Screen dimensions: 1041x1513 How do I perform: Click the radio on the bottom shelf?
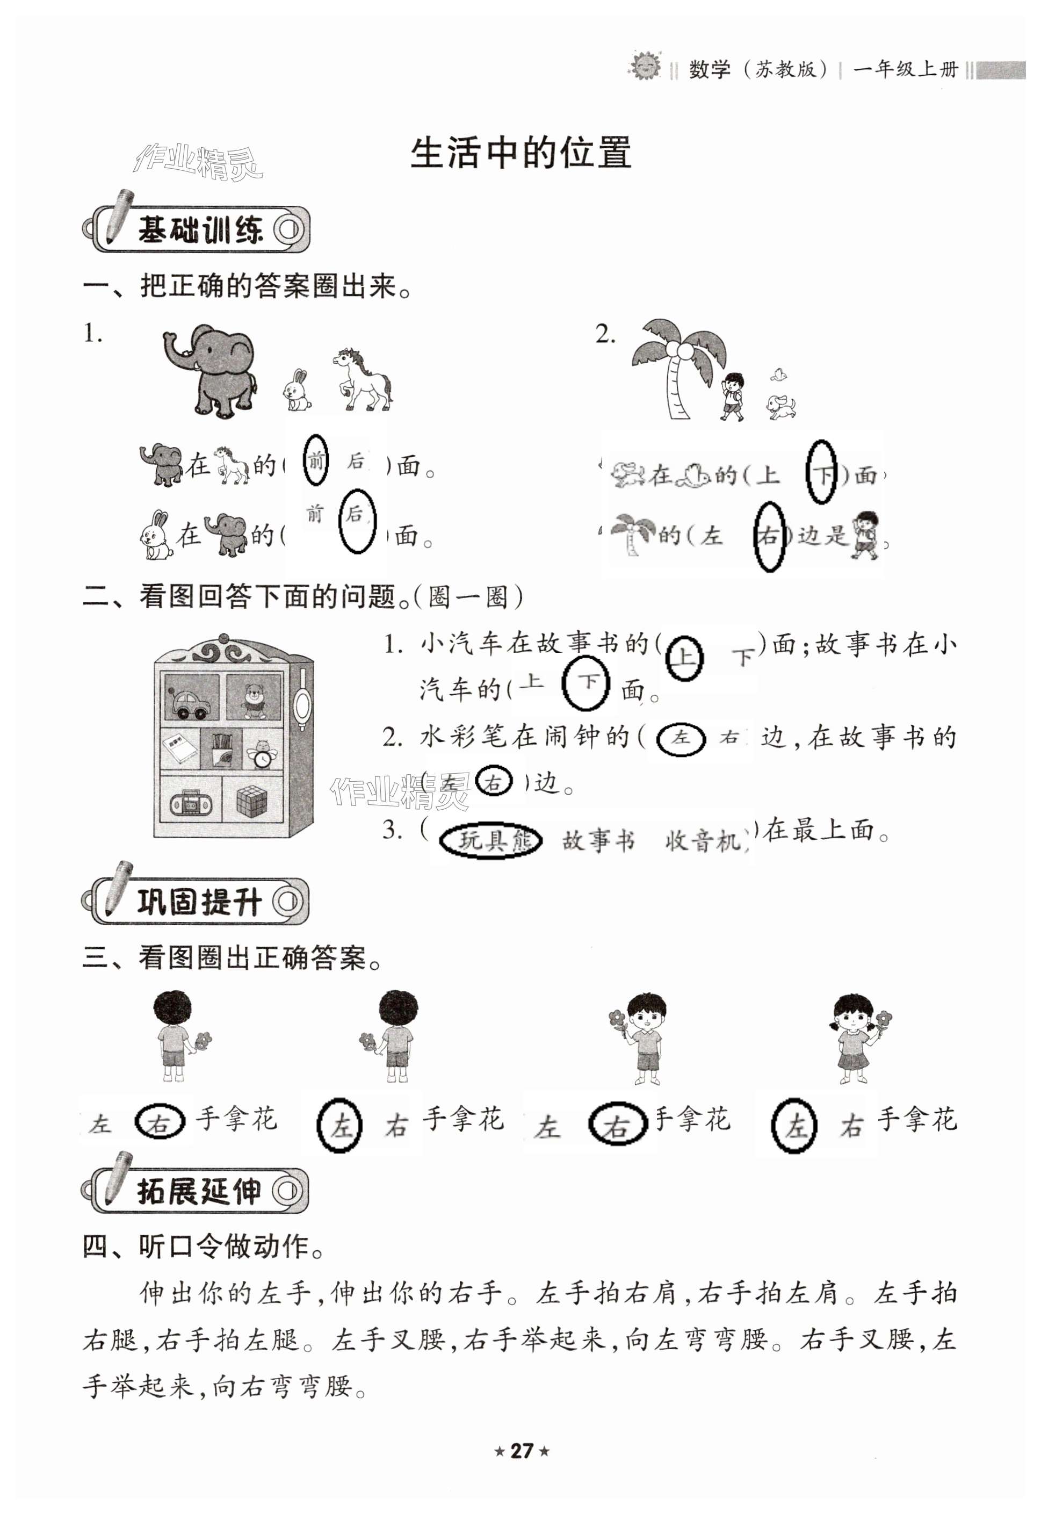pos(191,803)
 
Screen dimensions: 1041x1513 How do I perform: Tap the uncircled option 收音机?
pos(703,841)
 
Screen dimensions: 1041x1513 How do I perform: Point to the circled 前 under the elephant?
pos(316,460)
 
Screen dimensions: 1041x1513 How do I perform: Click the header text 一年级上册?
pos(905,69)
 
